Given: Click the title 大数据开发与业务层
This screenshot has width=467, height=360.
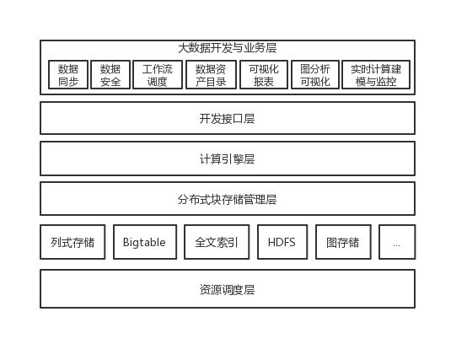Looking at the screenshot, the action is click(228, 48).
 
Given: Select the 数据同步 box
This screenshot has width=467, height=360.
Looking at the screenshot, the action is click(68, 74).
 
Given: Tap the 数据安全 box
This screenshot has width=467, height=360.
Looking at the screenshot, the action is click(110, 74).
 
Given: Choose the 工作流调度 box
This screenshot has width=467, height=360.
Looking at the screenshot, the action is click(158, 74).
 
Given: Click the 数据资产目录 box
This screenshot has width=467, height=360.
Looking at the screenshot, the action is click(211, 74).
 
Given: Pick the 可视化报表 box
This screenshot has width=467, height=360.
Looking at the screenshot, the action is click(264, 74).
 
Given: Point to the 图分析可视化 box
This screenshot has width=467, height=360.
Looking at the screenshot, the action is click(315, 74).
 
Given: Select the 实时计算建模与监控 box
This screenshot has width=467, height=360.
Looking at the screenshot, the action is click(376, 74).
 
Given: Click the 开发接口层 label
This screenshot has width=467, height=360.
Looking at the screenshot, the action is click(228, 119).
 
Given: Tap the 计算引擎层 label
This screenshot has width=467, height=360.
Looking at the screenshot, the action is click(228, 159).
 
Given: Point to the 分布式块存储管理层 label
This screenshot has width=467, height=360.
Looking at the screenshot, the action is click(228, 199).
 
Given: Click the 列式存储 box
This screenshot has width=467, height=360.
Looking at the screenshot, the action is click(72, 242).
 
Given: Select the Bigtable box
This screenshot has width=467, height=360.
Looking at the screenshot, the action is click(145, 242).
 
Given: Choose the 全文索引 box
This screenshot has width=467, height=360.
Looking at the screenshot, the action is click(217, 242).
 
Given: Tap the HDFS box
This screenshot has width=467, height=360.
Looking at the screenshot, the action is click(282, 242).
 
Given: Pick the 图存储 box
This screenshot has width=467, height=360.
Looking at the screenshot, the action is click(343, 242).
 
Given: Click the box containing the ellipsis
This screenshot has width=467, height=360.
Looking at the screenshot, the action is click(397, 242).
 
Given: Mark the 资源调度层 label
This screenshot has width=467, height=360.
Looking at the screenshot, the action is click(228, 289).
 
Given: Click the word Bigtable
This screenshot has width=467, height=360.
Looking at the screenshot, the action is click(144, 242).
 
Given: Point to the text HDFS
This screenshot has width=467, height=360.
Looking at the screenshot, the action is click(282, 242).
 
